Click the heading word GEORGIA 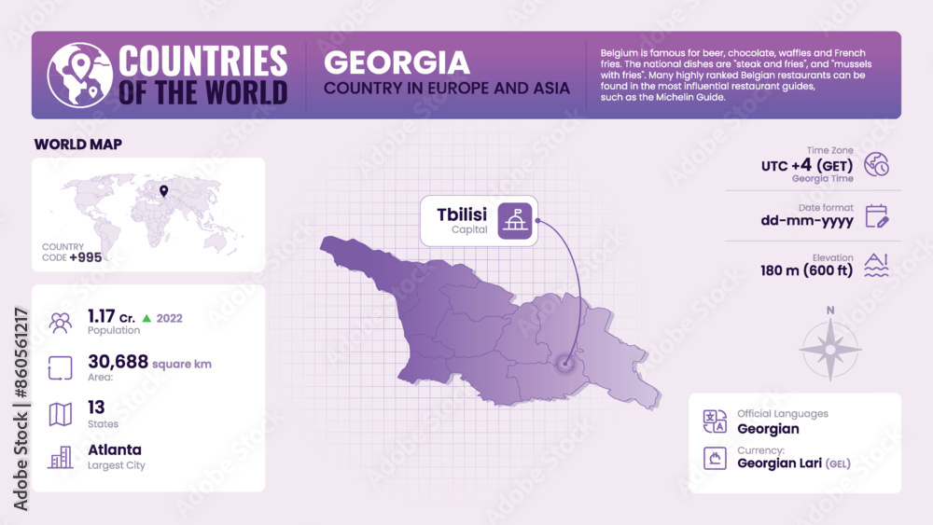coord(397,62)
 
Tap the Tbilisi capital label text coord(462,214)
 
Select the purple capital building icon coord(514,220)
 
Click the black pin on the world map coord(163,192)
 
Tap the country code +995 coord(86,257)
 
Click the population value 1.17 coord(102,316)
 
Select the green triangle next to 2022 coord(147,318)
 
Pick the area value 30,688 coord(118,362)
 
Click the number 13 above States coord(96,407)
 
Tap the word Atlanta coord(115,449)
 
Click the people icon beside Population coord(61,323)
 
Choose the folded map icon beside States coord(61,414)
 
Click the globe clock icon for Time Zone coord(876,164)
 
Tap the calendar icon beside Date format coord(876,216)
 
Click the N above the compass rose coord(829,311)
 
